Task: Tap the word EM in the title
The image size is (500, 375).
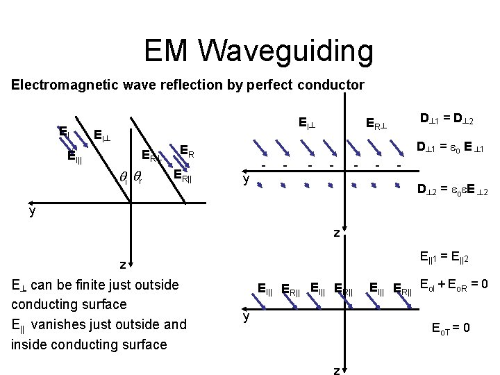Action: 169,51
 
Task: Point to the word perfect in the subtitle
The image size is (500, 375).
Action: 267,85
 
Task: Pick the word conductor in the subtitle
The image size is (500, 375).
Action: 330,85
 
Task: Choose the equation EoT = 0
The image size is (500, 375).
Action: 451,328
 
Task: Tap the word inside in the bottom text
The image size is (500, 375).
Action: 30,344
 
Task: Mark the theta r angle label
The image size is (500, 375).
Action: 137,179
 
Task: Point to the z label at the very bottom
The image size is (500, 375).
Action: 336,369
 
